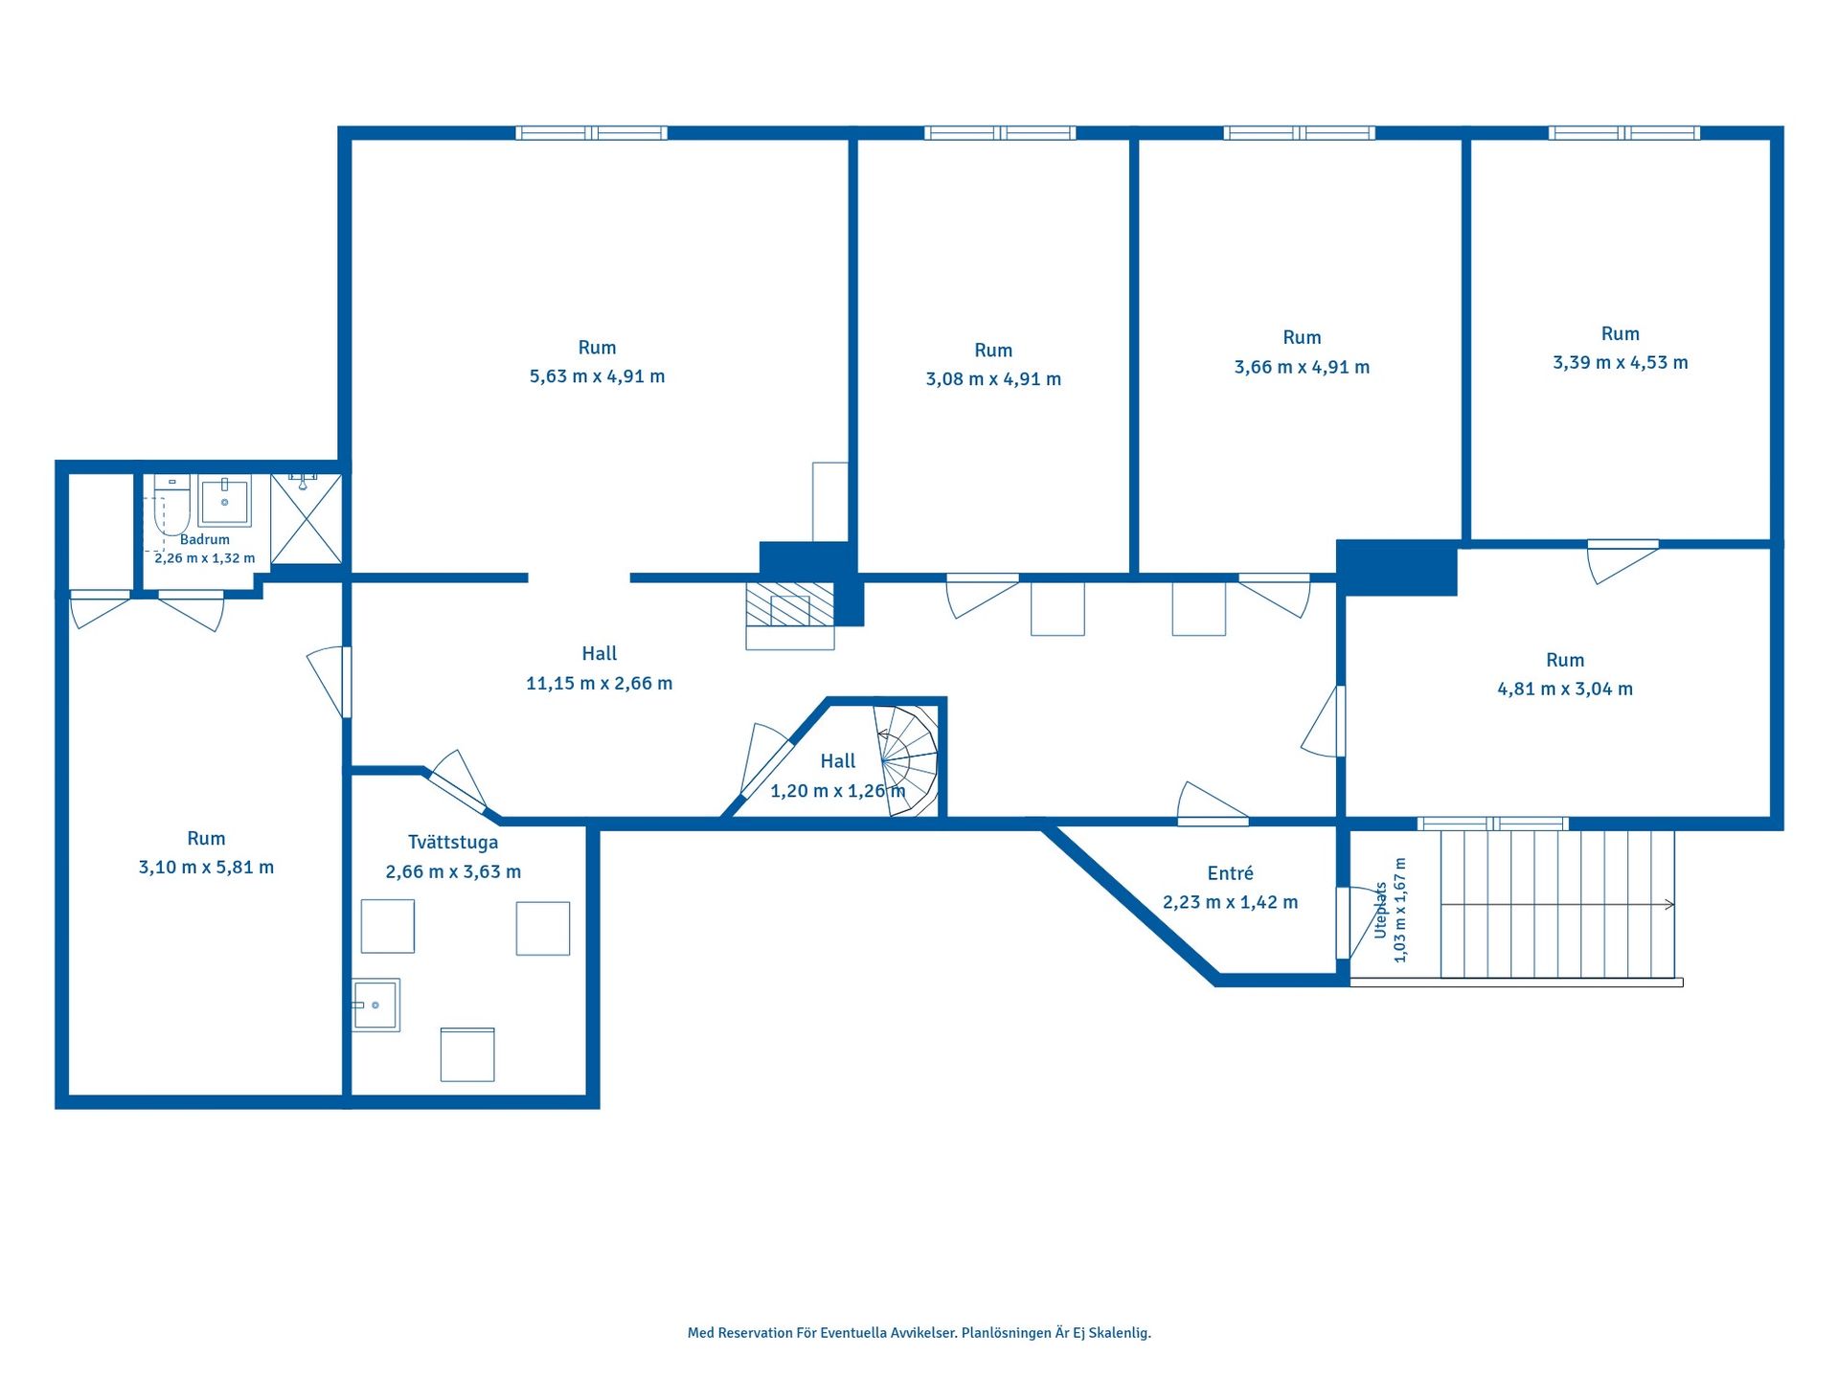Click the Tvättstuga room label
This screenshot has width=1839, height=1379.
453,843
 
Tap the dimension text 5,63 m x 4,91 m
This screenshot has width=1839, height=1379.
597,376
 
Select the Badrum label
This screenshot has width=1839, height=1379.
205,539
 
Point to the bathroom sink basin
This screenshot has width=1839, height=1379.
225,502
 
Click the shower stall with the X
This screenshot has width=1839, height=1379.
306,518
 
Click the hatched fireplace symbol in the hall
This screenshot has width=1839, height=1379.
790,604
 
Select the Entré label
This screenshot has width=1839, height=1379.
1231,873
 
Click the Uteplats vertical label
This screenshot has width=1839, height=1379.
1380,910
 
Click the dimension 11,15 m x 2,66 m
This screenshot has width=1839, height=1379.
599,684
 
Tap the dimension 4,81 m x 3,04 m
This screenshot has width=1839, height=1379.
1565,689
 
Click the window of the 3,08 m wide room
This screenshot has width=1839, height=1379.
1000,133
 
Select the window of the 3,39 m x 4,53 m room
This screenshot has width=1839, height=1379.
1624,133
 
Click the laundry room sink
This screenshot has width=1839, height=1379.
376,1005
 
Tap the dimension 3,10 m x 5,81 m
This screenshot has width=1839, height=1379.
206,868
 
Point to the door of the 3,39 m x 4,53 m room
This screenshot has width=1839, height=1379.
1623,560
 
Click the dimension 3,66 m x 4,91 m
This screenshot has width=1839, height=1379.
1302,367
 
